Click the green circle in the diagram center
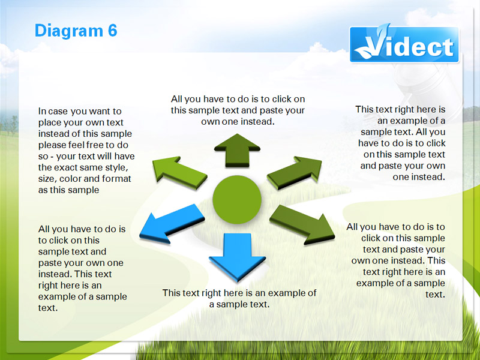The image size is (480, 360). point(237,200)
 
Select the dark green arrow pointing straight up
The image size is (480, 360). point(237,151)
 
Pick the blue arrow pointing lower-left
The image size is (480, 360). point(172,224)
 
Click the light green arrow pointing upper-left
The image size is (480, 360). point(179,172)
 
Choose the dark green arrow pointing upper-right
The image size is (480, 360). point(295,172)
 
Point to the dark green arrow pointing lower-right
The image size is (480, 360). point(302,224)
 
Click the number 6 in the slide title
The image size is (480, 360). point(112,31)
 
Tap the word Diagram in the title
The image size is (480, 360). point(69,31)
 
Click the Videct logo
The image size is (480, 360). point(404,44)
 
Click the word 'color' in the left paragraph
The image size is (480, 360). point(70,178)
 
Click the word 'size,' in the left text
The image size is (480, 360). point(48,179)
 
